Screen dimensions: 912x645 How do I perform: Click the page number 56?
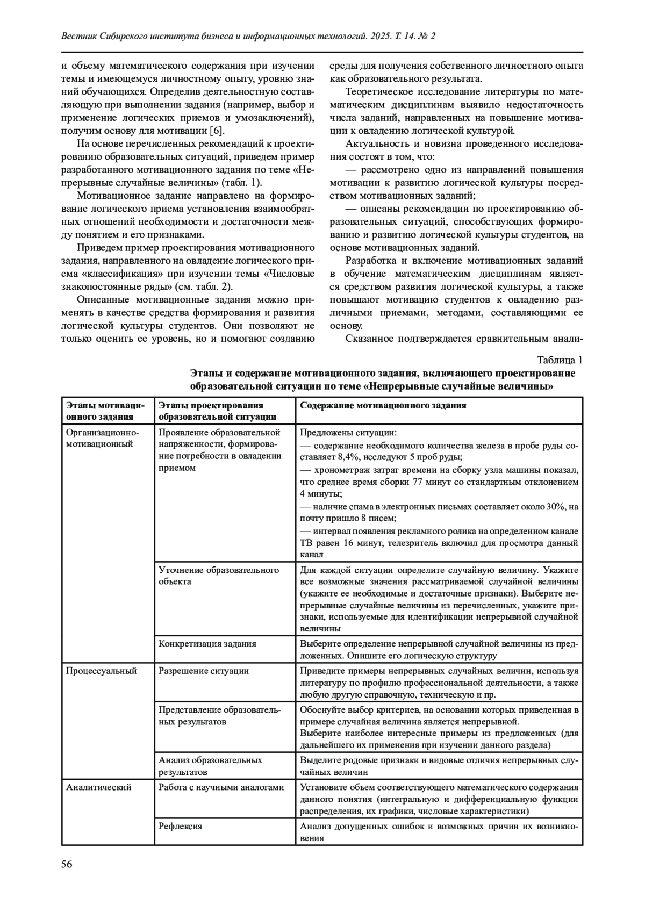pyautogui.click(x=67, y=864)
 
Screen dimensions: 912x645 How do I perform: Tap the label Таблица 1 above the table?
pyautogui.click(x=560, y=360)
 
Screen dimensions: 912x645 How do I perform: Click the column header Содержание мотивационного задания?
pyautogui.click(x=383, y=406)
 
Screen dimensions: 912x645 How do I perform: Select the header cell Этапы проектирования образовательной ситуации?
pyautogui.click(x=218, y=411)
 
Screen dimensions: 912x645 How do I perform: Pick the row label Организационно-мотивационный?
pyautogui.click(x=103, y=438)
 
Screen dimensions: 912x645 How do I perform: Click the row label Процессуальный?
pyautogui.click(x=101, y=671)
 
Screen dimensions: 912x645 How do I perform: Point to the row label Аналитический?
pyautogui.click(x=98, y=787)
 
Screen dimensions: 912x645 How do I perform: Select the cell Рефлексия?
pyautogui.click(x=181, y=826)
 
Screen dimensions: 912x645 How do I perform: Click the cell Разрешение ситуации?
pyautogui.click(x=204, y=671)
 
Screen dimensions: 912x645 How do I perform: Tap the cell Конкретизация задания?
pyautogui.click(x=207, y=643)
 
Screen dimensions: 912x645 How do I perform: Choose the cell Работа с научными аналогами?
pyautogui.click(x=221, y=787)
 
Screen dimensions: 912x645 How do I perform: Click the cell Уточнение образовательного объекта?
pyautogui.click(x=219, y=576)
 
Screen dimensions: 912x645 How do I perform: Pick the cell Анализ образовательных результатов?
pyautogui.click(x=210, y=766)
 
